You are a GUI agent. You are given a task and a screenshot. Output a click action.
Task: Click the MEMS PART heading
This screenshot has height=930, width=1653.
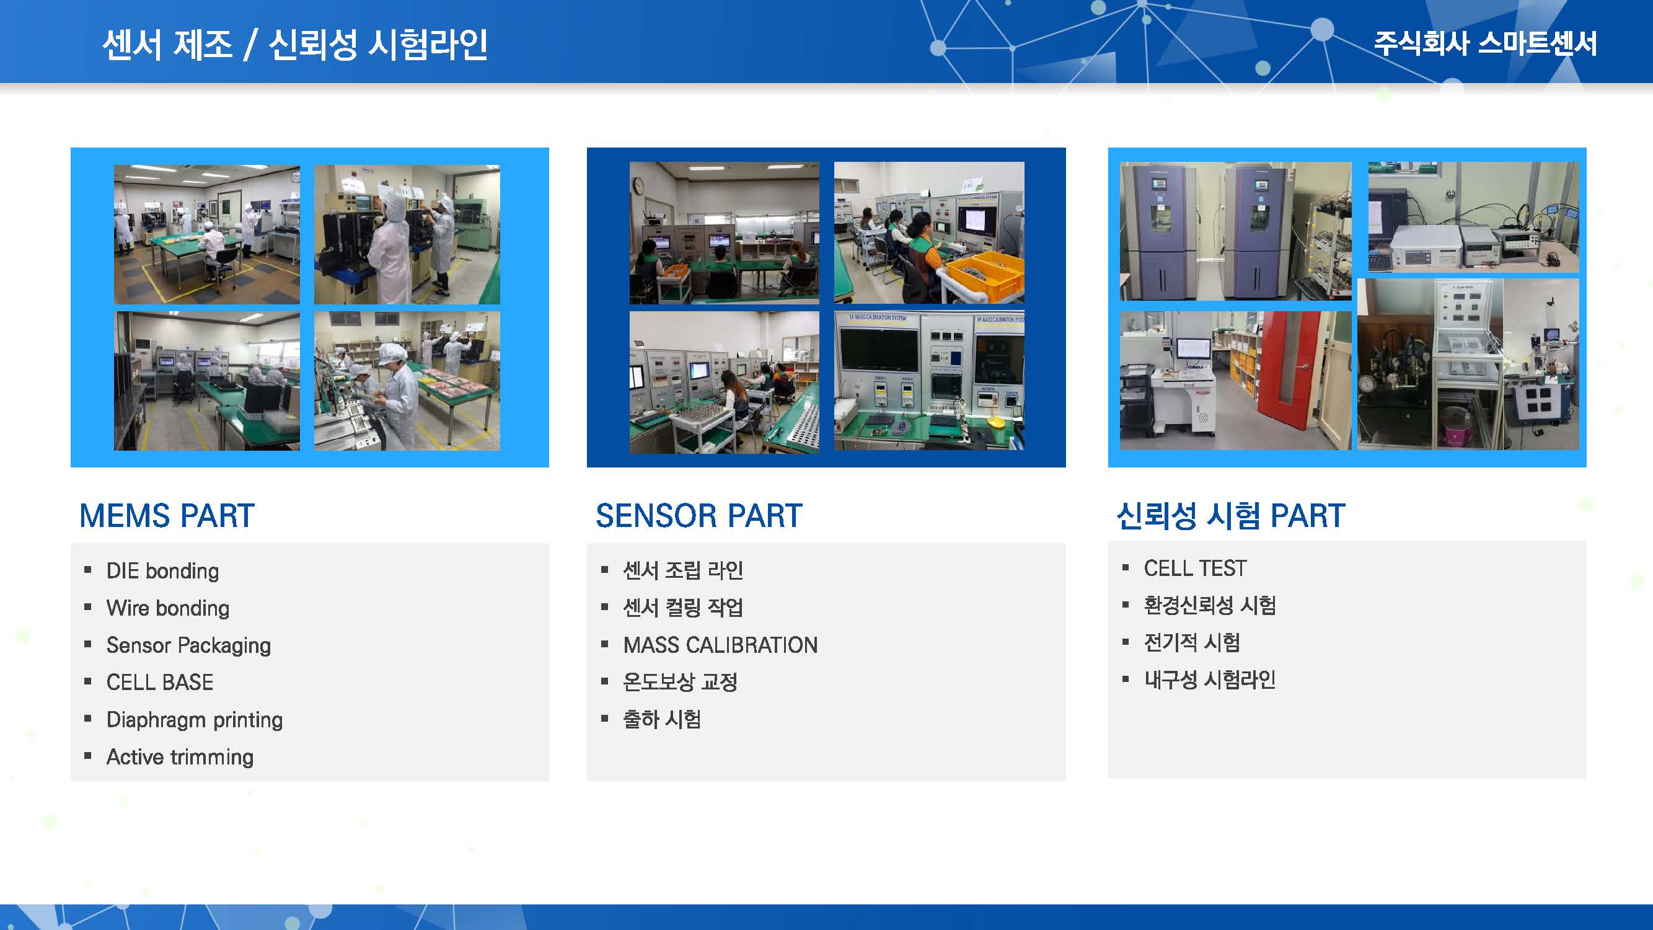tap(167, 515)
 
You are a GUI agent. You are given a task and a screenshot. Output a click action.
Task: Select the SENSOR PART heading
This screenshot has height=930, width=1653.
tap(699, 515)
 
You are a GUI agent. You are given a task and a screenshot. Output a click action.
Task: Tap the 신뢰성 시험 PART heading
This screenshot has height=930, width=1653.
tap(1231, 515)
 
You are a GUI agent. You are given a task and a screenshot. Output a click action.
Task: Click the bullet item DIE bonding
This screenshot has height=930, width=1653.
tap(162, 571)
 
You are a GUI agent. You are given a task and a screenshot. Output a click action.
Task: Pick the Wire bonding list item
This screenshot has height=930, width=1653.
tap(168, 608)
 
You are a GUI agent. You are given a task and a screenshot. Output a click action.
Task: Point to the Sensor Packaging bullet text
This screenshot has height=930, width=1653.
tap(188, 645)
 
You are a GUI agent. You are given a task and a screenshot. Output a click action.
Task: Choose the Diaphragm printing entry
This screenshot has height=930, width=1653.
tap(195, 719)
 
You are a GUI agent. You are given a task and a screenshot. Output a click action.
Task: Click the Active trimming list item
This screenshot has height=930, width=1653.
tap(180, 756)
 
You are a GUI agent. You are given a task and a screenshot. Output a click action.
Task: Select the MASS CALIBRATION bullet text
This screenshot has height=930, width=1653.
tap(721, 645)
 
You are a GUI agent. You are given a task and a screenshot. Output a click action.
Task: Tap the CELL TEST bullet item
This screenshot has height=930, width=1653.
tap(1195, 568)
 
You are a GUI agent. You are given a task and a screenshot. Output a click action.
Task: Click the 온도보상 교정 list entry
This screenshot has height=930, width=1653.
tap(680, 681)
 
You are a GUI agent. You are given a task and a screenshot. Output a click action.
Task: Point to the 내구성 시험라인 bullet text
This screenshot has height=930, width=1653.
tap(1210, 679)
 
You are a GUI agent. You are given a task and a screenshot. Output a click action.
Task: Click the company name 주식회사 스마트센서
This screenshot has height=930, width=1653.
tap(1485, 43)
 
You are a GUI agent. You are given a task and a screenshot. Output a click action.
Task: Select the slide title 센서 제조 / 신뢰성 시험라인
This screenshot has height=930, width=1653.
tap(295, 44)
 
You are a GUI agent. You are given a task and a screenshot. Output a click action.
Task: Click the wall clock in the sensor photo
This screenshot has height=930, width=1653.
tap(638, 185)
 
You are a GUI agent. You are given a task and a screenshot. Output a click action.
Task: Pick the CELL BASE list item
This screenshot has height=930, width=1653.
tap(160, 682)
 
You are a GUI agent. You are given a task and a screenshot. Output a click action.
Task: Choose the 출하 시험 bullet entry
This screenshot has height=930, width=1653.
tap(661, 719)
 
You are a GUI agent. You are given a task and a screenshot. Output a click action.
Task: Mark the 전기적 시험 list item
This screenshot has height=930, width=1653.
tap(1192, 642)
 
